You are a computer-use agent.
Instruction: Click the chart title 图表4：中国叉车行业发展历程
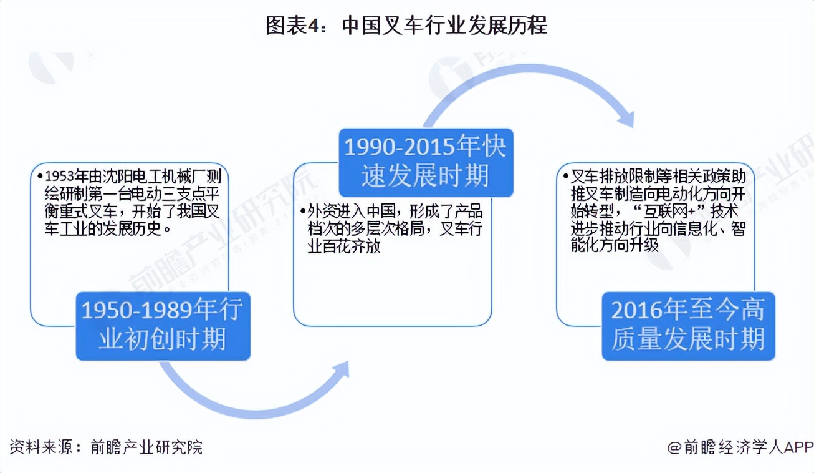tap(406, 26)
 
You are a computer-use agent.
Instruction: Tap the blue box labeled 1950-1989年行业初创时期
tap(163, 326)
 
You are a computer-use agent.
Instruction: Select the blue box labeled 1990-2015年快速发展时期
tap(426, 162)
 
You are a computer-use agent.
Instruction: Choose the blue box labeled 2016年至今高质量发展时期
tap(689, 326)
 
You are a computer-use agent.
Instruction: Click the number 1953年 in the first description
tap(67, 177)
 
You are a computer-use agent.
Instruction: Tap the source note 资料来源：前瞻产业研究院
tap(106, 447)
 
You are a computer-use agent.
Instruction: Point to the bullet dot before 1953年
tap(40, 177)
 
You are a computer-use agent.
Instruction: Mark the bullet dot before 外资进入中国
tap(303, 211)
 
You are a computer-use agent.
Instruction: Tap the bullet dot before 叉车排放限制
tap(566, 177)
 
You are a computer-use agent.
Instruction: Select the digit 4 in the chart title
tap(312, 26)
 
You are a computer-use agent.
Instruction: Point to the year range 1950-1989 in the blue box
tap(136, 310)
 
